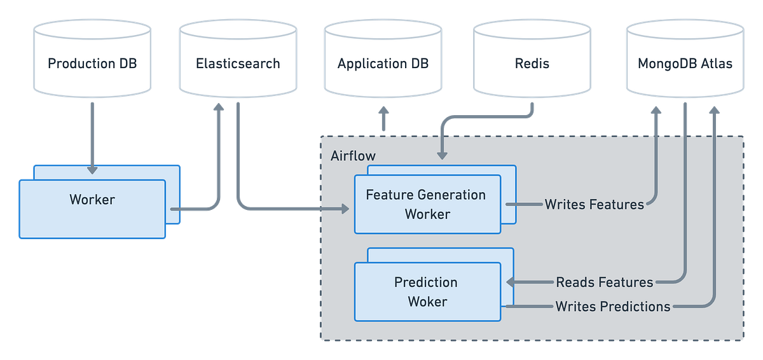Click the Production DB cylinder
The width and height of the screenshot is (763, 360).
click(92, 64)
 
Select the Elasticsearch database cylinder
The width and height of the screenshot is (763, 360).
click(238, 64)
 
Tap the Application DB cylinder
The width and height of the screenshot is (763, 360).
click(383, 64)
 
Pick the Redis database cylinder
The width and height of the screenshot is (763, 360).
click(532, 64)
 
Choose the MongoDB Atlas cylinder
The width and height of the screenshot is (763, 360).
click(685, 64)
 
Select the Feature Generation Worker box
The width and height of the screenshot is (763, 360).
click(427, 204)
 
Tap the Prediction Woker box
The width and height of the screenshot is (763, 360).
click(427, 291)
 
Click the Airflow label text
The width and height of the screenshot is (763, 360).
click(353, 156)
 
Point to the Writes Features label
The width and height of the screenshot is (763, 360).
click(594, 204)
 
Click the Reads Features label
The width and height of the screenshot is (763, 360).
click(604, 282)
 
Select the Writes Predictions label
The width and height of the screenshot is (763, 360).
click(613, 307)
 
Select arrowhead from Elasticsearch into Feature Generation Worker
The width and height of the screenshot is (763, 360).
click(345, 208)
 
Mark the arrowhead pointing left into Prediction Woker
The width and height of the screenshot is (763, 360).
click(510, 282)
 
